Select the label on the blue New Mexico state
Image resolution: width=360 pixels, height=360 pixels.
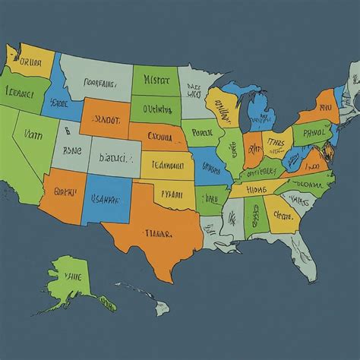[x=105, y=200]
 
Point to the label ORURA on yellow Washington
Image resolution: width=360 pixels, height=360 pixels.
[x=30, y=62]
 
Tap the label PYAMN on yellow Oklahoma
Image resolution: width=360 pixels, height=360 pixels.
[x=169, y=194]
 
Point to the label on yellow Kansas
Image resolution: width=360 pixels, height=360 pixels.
[x=166, y=163]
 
